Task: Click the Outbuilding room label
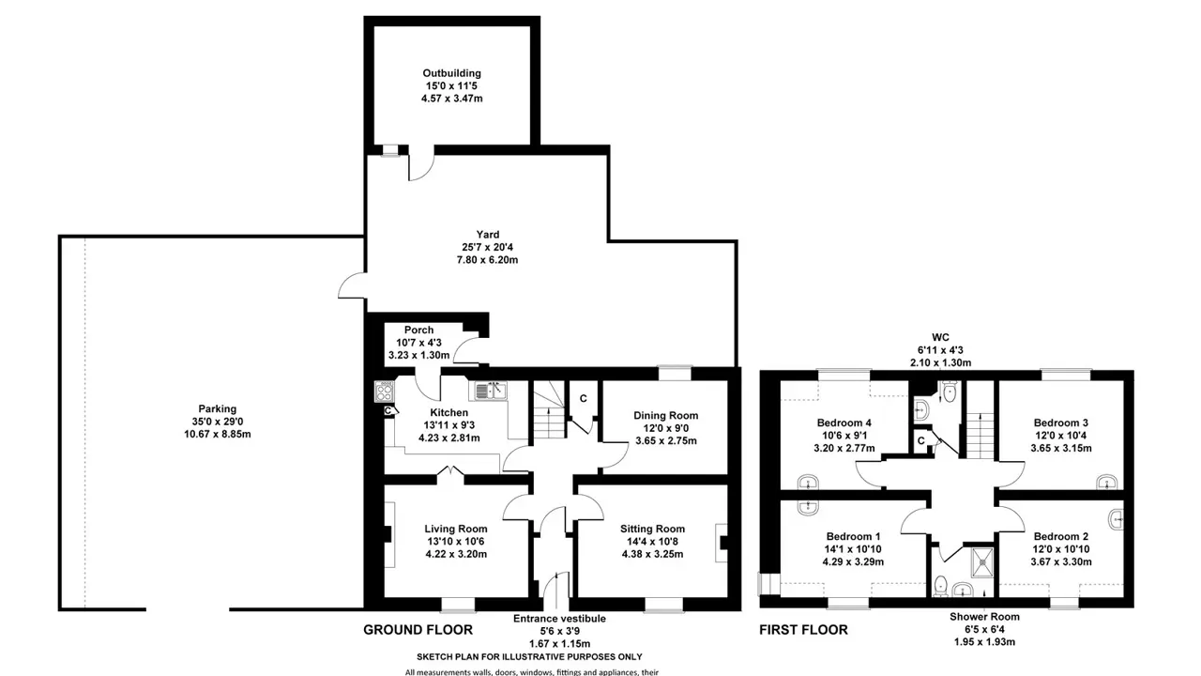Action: tap(451, 73)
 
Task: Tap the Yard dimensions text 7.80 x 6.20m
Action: tap(487, 260)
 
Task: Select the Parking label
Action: tap(217, 408)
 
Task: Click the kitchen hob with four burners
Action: tap(384, 392)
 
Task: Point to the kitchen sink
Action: tap(490, 391)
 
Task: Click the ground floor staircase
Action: tap(549, 410)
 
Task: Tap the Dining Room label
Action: tap(666, 415)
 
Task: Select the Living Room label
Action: tap(456, 529)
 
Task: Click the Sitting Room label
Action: tap(652, 529)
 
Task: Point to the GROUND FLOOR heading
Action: tap(418, 630)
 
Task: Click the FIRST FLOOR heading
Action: tap(803, 630)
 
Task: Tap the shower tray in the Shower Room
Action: tap(982, 562)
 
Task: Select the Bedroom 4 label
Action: tap(844, 422)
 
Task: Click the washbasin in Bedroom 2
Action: tap(1117, 519)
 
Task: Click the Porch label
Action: tap(418, 330)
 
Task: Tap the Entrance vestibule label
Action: tap(559, 619)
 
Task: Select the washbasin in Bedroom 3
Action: tap(1106, 482)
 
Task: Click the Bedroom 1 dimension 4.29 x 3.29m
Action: tap(853, 562)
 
